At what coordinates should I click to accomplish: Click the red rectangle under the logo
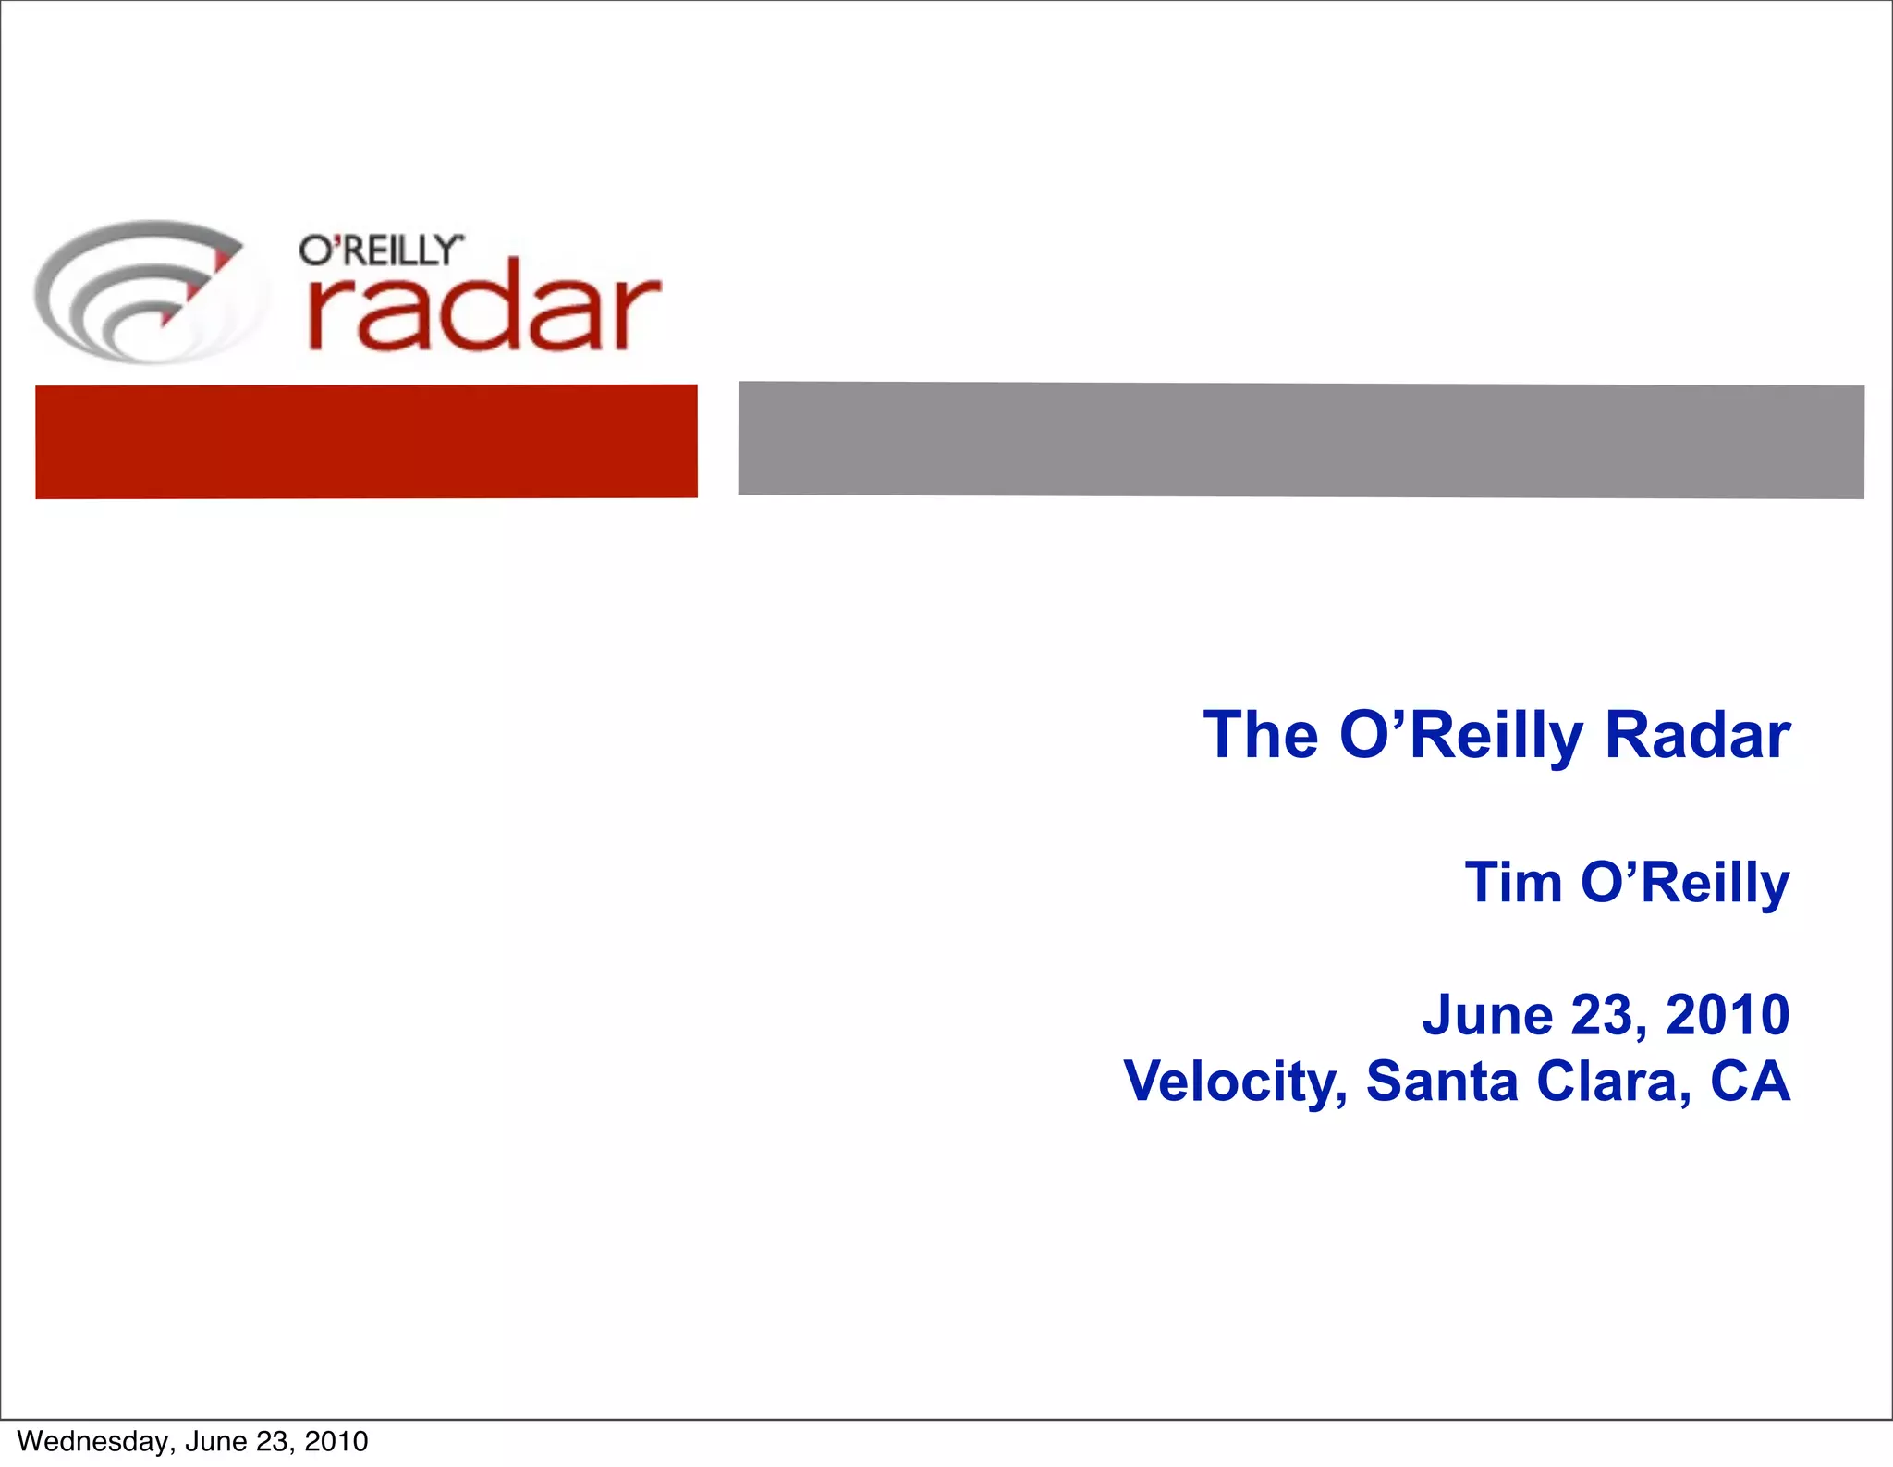click(x=366, y=441)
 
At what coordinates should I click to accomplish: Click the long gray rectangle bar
click(x=1301, y=440)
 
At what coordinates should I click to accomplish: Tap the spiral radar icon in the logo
click(x=148, y=291)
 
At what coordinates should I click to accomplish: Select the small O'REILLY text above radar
click(x=380, y=251)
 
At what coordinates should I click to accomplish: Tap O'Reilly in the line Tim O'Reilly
click(x=1685, y=884)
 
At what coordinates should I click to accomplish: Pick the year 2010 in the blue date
click(x=1727, y=1015)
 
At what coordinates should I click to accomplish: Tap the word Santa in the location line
click(x=1442, y=1081)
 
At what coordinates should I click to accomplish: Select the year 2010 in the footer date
click(x=336, y=1441)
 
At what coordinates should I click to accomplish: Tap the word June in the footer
click(x=216, y=1441)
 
